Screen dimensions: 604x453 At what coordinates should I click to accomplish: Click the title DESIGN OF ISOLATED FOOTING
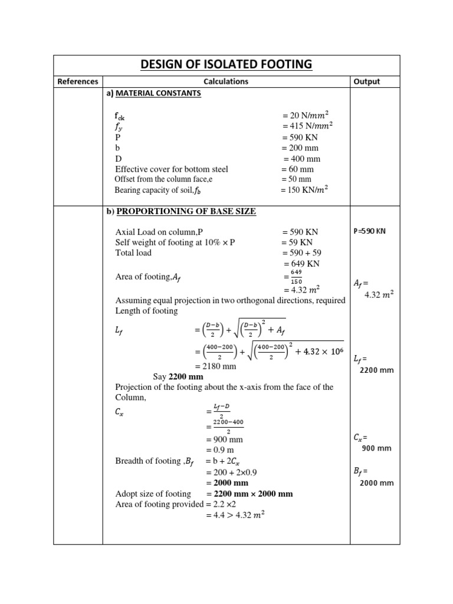(226, 64)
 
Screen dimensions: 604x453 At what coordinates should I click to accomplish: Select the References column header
(77, 82)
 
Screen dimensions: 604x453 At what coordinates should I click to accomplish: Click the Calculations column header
(226, 82)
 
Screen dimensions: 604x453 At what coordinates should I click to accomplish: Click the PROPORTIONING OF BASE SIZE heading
(185, 211)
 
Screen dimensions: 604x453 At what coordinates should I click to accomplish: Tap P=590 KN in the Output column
(369, 231)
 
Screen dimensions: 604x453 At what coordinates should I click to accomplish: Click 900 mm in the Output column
(376, 448)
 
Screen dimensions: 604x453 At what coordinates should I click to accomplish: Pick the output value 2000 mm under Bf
(376, 483)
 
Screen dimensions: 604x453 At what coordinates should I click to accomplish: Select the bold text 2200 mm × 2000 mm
(250, 494)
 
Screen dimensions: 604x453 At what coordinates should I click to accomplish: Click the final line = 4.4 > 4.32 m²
(235, 515)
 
